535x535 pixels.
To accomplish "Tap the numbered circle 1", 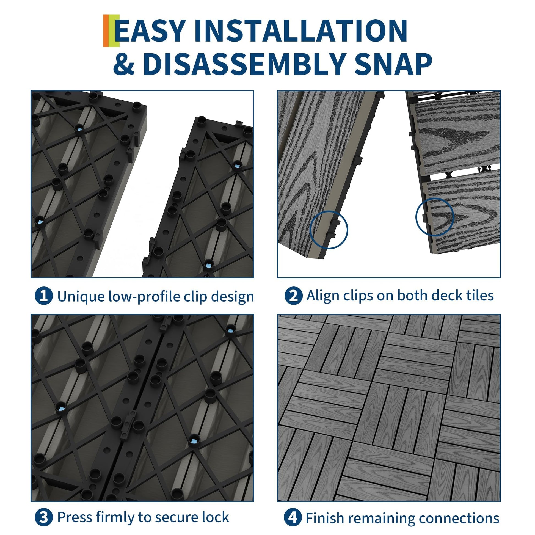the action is pos(44,296).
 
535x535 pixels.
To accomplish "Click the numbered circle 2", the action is pos(294,296).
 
